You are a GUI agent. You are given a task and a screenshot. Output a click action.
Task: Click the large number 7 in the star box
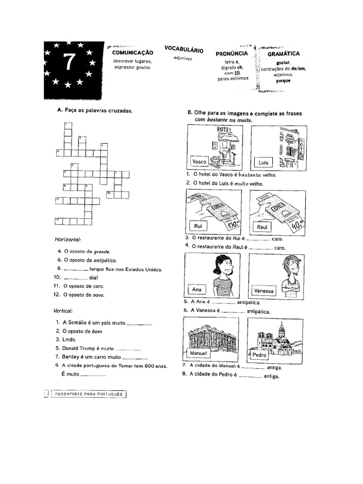69,62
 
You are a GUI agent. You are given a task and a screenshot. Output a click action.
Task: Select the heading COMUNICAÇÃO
133,53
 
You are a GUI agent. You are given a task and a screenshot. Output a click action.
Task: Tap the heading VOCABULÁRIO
183,49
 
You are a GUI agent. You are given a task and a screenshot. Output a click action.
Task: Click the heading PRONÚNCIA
232,54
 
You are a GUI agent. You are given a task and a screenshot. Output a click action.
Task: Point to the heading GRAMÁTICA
284,54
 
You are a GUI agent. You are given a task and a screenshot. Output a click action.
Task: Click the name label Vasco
199,162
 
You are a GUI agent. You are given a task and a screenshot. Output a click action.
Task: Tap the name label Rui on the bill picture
198,226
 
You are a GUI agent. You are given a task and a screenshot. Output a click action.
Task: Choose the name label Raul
262,227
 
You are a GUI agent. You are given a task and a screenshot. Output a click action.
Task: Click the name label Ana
197,289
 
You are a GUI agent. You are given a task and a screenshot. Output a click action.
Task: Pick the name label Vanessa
264,291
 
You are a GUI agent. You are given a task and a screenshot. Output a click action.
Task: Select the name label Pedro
259,354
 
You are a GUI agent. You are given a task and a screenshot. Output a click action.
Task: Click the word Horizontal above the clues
69,240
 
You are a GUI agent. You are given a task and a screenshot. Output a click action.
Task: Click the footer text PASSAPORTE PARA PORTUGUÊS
88,393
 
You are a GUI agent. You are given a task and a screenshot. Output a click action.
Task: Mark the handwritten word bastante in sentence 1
254,174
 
